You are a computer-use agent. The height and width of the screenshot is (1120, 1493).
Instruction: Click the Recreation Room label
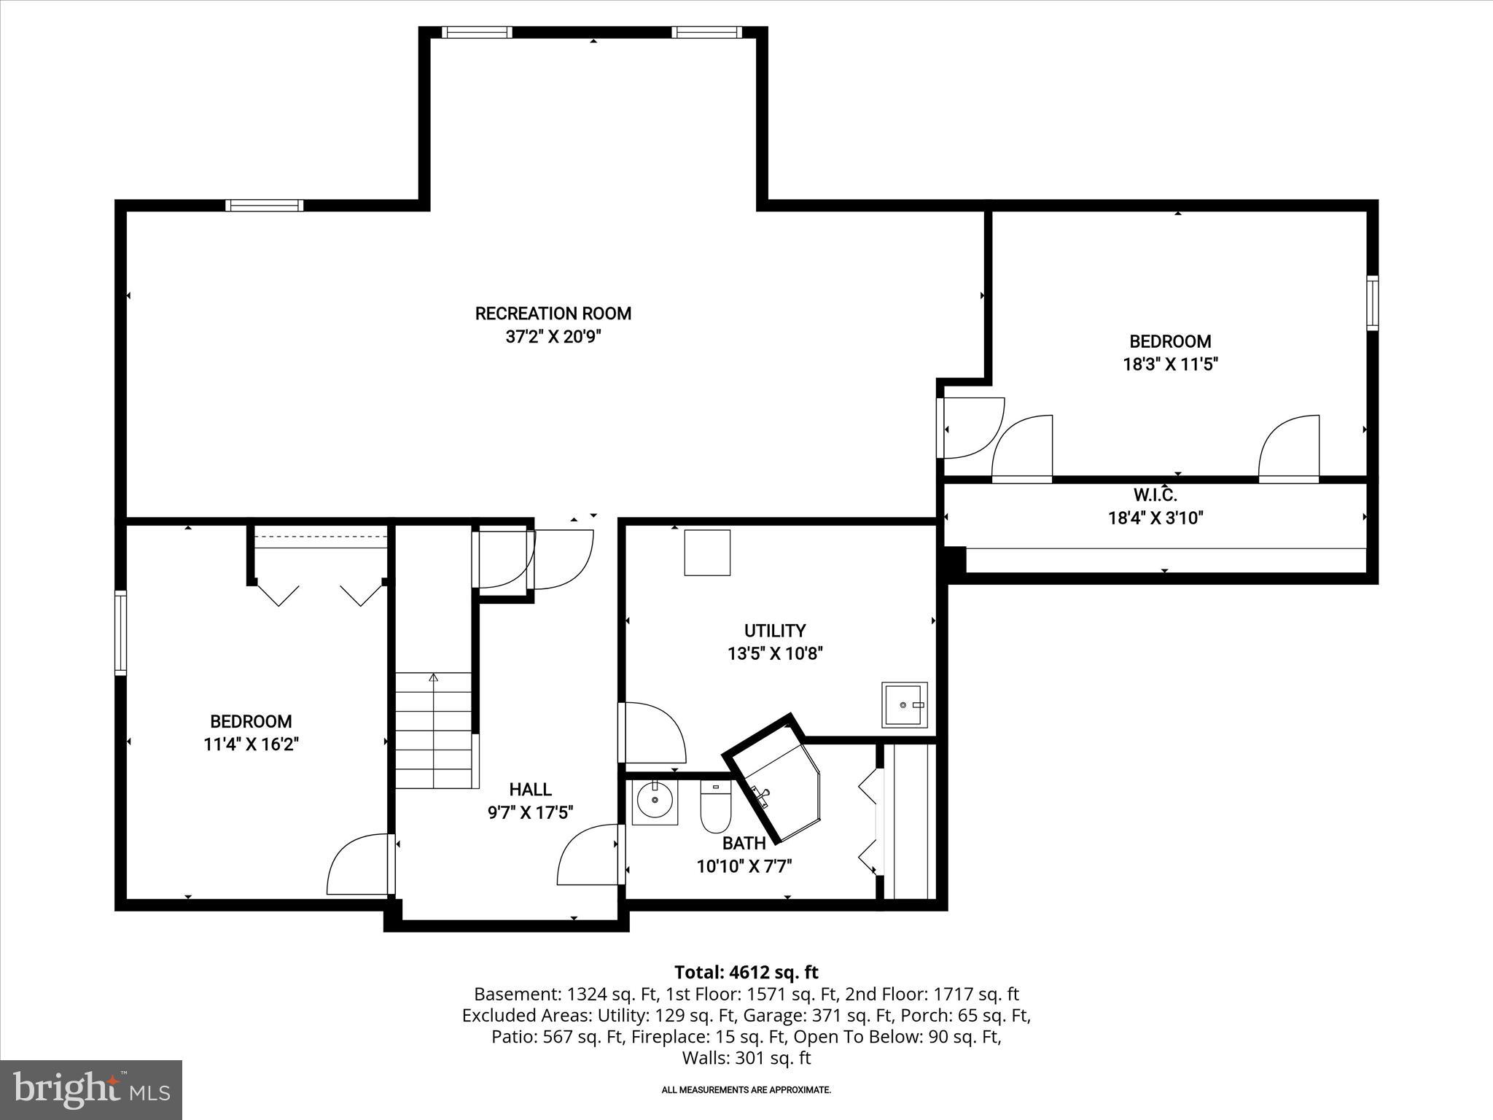[x=553, y=314]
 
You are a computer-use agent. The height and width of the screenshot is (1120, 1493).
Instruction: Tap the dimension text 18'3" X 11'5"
[x=1170, y=365]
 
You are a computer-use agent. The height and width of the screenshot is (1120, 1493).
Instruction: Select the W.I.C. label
[x=1155, y=496]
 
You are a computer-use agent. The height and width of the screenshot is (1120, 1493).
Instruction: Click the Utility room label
[x=774, y=631]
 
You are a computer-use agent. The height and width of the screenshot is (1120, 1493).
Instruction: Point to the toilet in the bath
[x=715, y=808]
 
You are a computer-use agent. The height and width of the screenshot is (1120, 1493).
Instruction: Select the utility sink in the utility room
[x=904, y=705]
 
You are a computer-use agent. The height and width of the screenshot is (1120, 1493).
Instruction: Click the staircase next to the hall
[x=434, y=729]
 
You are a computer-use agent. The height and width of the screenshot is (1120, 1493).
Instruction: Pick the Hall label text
[x=530, y=789]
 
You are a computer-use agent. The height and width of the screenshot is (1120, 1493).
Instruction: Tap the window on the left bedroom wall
[x=120, y=632]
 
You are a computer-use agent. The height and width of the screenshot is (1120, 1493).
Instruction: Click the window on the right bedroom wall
[x=1372, y=303]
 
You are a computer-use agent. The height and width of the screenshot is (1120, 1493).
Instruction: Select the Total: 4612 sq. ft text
[x=746, y=972]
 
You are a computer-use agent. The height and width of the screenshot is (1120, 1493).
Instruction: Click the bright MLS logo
[x=91, y=1089]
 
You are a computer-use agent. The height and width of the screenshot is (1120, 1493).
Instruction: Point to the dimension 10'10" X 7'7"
[x=744, y=866]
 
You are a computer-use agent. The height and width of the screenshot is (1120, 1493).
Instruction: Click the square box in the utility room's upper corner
[x=706, y=553]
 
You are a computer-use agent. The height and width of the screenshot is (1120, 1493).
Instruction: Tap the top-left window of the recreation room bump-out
[x=477, y=32]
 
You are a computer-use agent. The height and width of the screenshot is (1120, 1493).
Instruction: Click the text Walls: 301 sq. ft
[x=746, y=1058]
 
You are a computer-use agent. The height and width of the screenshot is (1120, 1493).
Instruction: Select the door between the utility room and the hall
[x=650, y=733]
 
